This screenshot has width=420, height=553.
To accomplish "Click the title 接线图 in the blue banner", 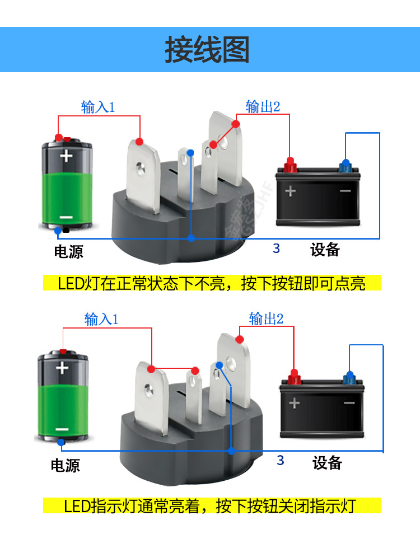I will click(x=207, y=50).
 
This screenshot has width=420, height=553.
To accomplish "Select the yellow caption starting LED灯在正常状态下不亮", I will click(x=212, y=283).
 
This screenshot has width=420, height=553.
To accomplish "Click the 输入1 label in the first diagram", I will click(x=97, y=107).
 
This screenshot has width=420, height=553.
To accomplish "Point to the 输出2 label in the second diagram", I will click(x=266, y=319).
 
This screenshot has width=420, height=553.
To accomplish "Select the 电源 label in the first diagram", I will click(x=68, y=251).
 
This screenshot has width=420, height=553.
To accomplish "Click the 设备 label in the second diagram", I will click(x=327, y=463).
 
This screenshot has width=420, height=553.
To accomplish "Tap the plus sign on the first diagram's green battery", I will click(x=67, y=155).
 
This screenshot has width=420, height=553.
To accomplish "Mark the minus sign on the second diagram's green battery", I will click(x=62, y=430).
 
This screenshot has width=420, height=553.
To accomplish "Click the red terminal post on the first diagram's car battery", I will click(x=290, y=165).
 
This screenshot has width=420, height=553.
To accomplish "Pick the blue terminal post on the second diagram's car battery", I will click(x=349, y=376).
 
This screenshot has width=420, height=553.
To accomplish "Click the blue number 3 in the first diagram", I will click(x=276, y=249).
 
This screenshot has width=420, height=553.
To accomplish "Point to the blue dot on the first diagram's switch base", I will click(x=192, y=238).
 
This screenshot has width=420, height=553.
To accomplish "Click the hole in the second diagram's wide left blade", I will click(x=148, y=388).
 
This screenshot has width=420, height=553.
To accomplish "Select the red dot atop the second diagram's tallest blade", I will click(x=240, y=339).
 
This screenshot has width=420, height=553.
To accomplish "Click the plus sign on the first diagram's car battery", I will click(x=290, y=191).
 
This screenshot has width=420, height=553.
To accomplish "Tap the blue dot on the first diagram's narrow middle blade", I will click(x=190, y=152).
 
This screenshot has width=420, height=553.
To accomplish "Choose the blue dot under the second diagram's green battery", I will click(x=61, y=442).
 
